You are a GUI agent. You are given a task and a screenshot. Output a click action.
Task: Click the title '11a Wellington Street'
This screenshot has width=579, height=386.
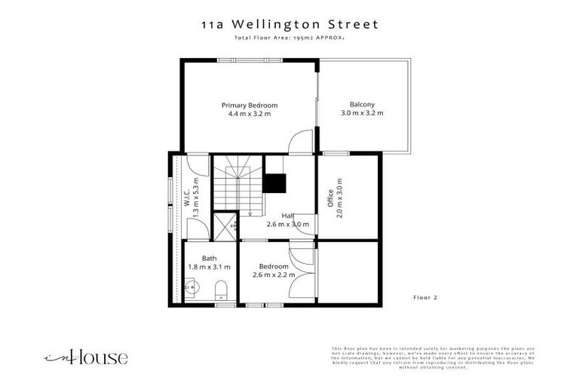pyautogui.click(x=289, y=25)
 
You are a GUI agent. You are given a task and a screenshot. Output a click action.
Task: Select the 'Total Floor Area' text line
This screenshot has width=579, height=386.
pyautogui.click(x=289, y=38)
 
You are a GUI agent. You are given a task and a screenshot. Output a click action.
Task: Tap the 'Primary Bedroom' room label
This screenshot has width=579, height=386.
pyautogui.click(x=249, y=105)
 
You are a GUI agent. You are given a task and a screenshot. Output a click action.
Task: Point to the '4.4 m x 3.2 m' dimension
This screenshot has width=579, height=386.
pyautogui.click(x=249, y=114)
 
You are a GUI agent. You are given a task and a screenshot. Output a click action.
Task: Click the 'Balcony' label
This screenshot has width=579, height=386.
pyautogui.click(x=362, y=105)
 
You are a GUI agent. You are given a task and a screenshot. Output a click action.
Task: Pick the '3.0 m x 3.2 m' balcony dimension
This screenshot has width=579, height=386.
pyautogui.click(x=362, y=114)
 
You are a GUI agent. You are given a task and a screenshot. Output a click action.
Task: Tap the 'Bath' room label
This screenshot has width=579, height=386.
pyautogui.click(x=209, y=258)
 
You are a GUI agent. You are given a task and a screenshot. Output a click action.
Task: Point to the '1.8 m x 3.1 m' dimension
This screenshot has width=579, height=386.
pyautogui.click(x=209, y=267)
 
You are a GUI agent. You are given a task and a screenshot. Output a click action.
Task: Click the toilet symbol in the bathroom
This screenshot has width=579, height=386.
pyautogui.click(x=222, y=289)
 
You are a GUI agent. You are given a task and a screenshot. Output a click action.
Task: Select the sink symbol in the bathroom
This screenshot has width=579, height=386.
pyautogui.click(x=191, y=286)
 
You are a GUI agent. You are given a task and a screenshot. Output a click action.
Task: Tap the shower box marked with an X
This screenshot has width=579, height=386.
pyautogui.click(x=225, y=225)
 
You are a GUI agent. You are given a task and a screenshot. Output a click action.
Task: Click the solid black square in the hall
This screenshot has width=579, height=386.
pyautogui.click(x=274, y=184)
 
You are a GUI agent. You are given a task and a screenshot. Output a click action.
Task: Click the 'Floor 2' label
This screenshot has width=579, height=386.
pyautogui.click(x=425, y=298)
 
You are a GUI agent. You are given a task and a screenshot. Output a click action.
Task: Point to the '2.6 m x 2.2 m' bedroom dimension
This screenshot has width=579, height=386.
pyautogui.click(x=274, y=275)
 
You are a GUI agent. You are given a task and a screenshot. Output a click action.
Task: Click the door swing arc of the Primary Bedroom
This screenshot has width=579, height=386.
pyautogui.click(x=300, y=141)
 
